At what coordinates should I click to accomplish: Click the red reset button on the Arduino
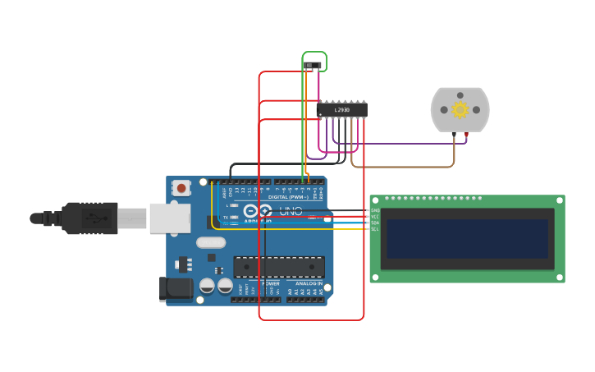pyautogui.click(x=181, y=188)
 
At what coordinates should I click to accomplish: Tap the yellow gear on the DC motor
pyautogui.click(x=460, y=109)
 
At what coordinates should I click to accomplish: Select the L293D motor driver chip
pyautogui.click(x=341, y=109)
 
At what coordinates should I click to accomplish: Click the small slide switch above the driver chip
pyautogui.click(x=314, y=65)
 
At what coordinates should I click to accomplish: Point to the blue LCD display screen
pyautogui.click(x=467, y=238)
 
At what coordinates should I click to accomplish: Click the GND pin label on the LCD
pyautogui.click(x=375, y=210)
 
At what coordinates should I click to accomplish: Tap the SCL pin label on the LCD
pyautogui.click(x=375, y=229)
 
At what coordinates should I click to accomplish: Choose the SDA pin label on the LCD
pyautogui.click(x=375, y=223)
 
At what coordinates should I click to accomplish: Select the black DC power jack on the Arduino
pyautogui.click(x=174, y=288)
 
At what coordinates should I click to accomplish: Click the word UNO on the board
pyautogui.click(x=291, y=211)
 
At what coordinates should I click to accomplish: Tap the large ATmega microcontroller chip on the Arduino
pyautogui.click(x=279, y=267)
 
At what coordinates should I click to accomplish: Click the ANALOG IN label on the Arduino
pyautogui.click(x=309, y=283)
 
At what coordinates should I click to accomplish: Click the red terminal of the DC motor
pyautogui.click(x=467, y=133)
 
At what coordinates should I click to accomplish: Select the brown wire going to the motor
pyautogui.click(x=402, y=167)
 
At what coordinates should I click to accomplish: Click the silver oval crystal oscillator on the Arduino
pyautogui.click(x=211, y=242)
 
